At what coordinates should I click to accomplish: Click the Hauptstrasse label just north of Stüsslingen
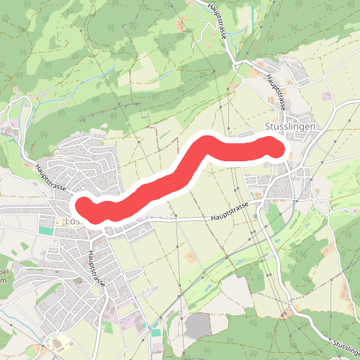click(x=277, y=91)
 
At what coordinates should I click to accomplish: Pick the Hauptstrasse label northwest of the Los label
click(x=51, y=179)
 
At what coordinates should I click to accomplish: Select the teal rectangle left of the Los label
click(x=46, y=230)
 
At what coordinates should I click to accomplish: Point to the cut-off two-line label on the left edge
click(x=4, y=278)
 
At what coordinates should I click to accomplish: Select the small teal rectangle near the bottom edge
click(x=156, y=333)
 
